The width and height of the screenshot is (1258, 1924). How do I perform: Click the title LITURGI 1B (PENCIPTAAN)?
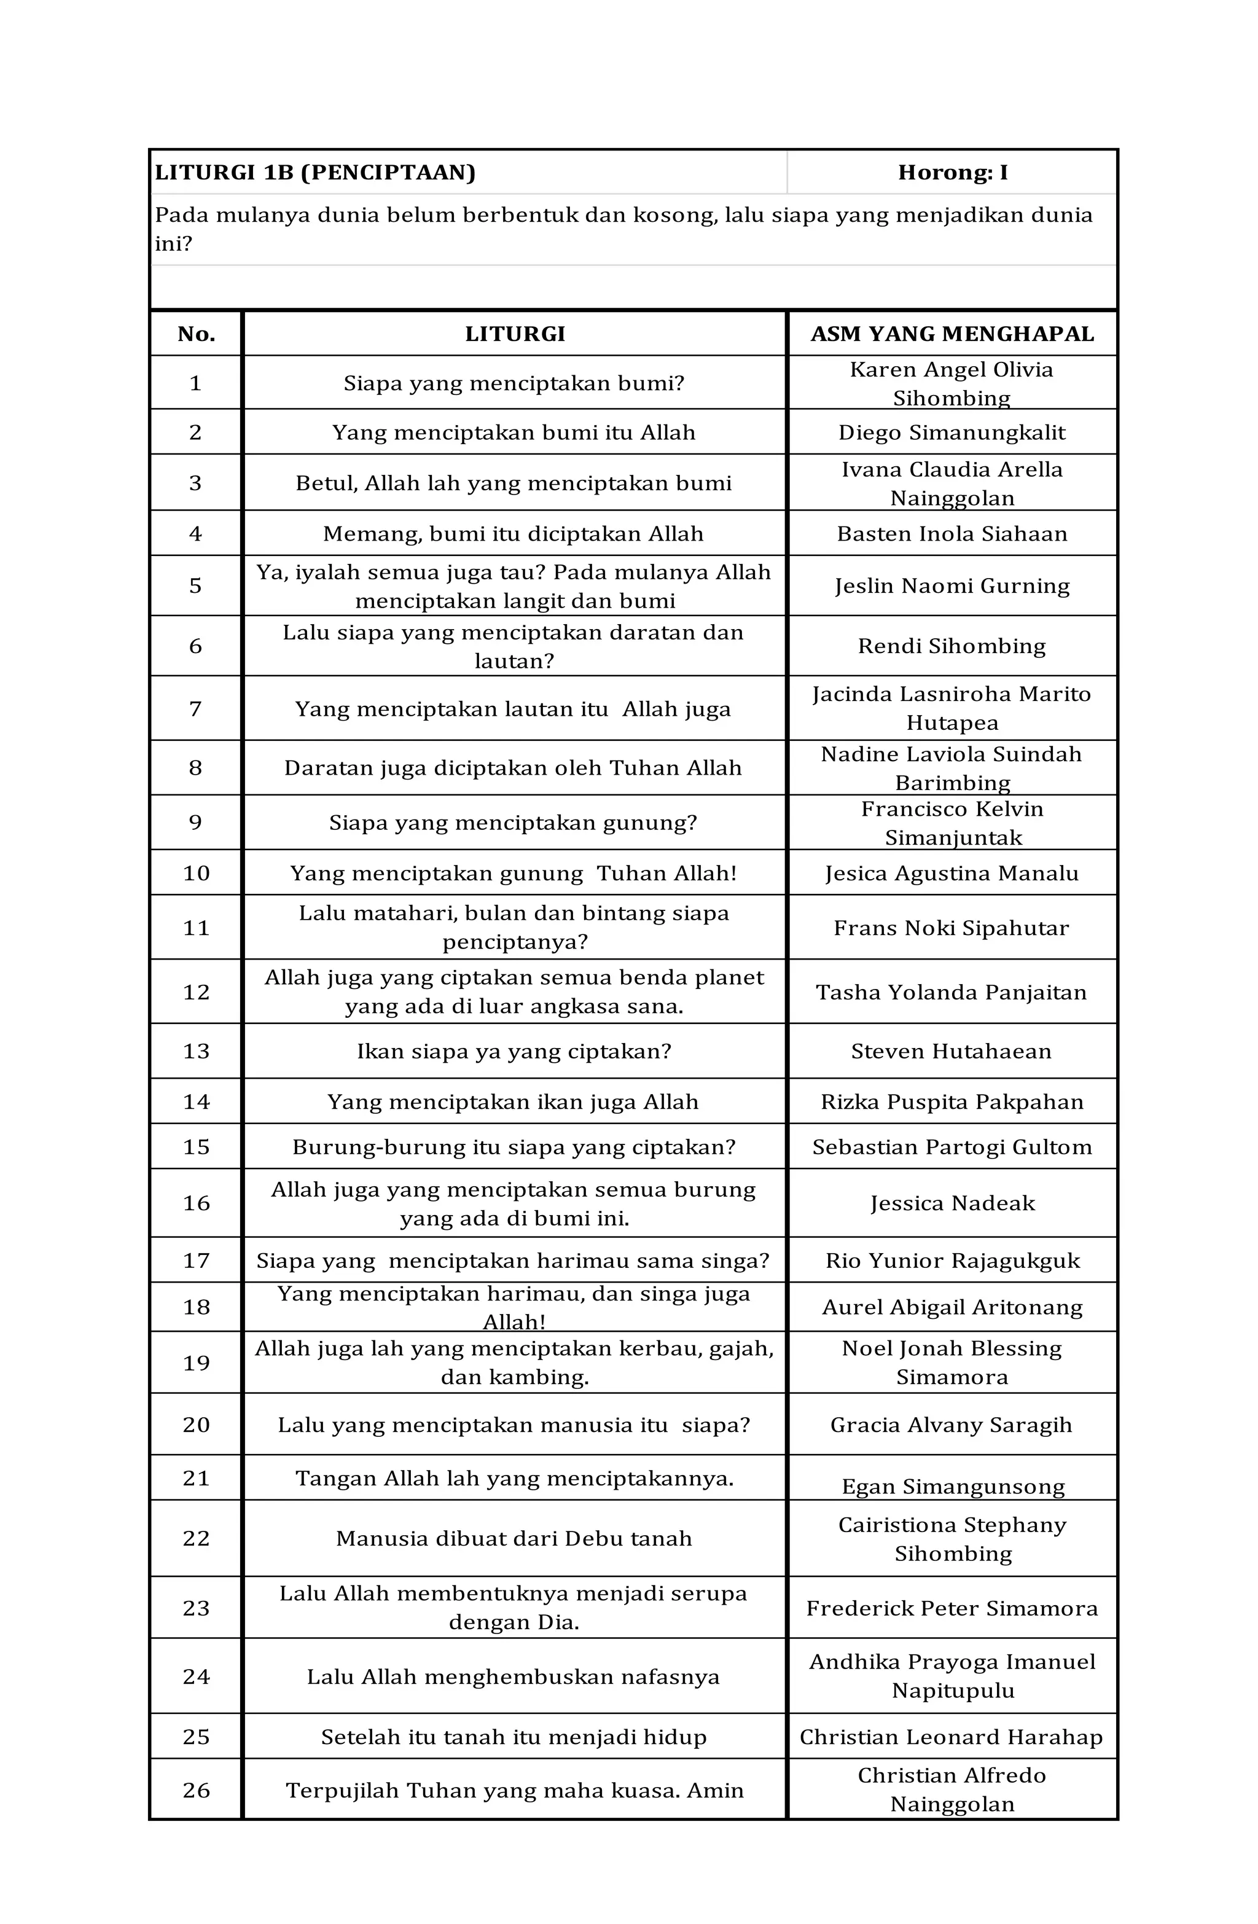[315, 172]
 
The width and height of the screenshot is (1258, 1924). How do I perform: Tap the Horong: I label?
[951, 172]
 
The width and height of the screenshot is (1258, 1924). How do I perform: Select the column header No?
[196, 334]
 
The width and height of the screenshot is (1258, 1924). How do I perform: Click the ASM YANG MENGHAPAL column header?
[951, 334]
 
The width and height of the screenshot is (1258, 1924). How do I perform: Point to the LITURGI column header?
[514, 334]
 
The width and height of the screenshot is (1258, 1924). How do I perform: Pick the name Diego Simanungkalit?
[951, 432]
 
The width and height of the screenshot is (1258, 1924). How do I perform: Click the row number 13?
[196, 1051]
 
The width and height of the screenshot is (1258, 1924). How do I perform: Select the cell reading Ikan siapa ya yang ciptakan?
[514, 1051]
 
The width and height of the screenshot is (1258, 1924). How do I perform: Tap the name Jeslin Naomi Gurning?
[951, 585]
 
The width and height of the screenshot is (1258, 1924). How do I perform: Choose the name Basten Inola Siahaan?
[951, 534]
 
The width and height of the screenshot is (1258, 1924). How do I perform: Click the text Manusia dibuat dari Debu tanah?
[514, 1538]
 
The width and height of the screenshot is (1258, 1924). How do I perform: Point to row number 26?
[196, 1790]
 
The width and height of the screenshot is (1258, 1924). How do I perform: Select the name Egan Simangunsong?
[952, 1487]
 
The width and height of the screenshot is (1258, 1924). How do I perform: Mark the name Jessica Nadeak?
[951, 1203]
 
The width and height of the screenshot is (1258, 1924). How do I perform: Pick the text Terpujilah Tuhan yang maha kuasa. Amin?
[514, 1790]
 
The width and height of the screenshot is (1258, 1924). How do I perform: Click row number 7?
[196, 709]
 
